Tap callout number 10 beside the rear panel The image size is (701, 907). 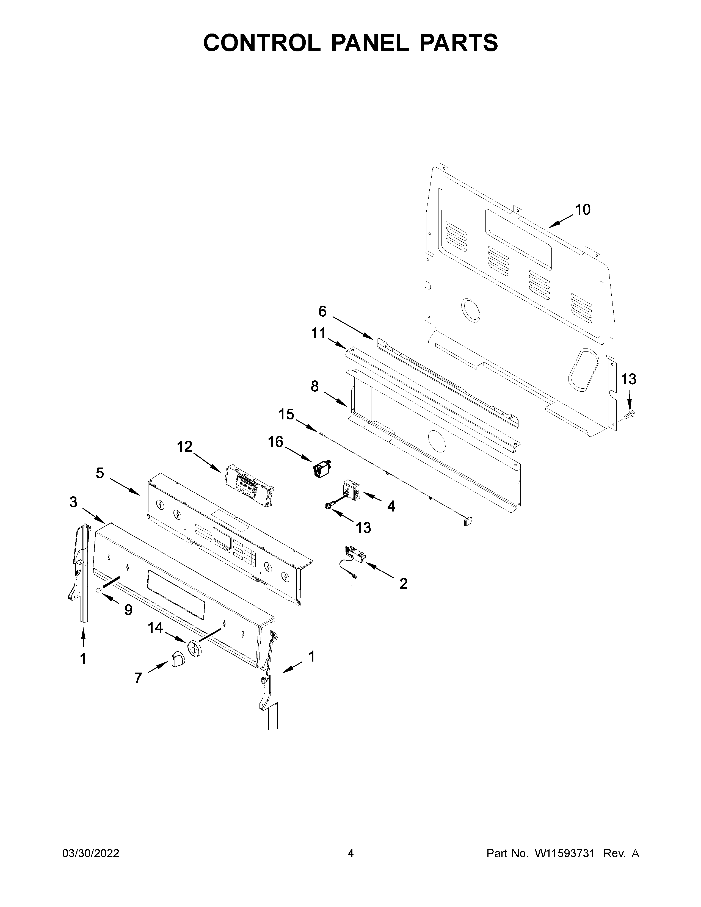tap(582, 210)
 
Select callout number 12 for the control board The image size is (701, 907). tap(185, 447)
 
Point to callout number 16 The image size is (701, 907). tap(275, 442)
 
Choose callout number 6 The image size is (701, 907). tap(322, 311)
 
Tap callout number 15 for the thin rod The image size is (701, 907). tap(286, 414)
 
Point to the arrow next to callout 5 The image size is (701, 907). tap(125, 486)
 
